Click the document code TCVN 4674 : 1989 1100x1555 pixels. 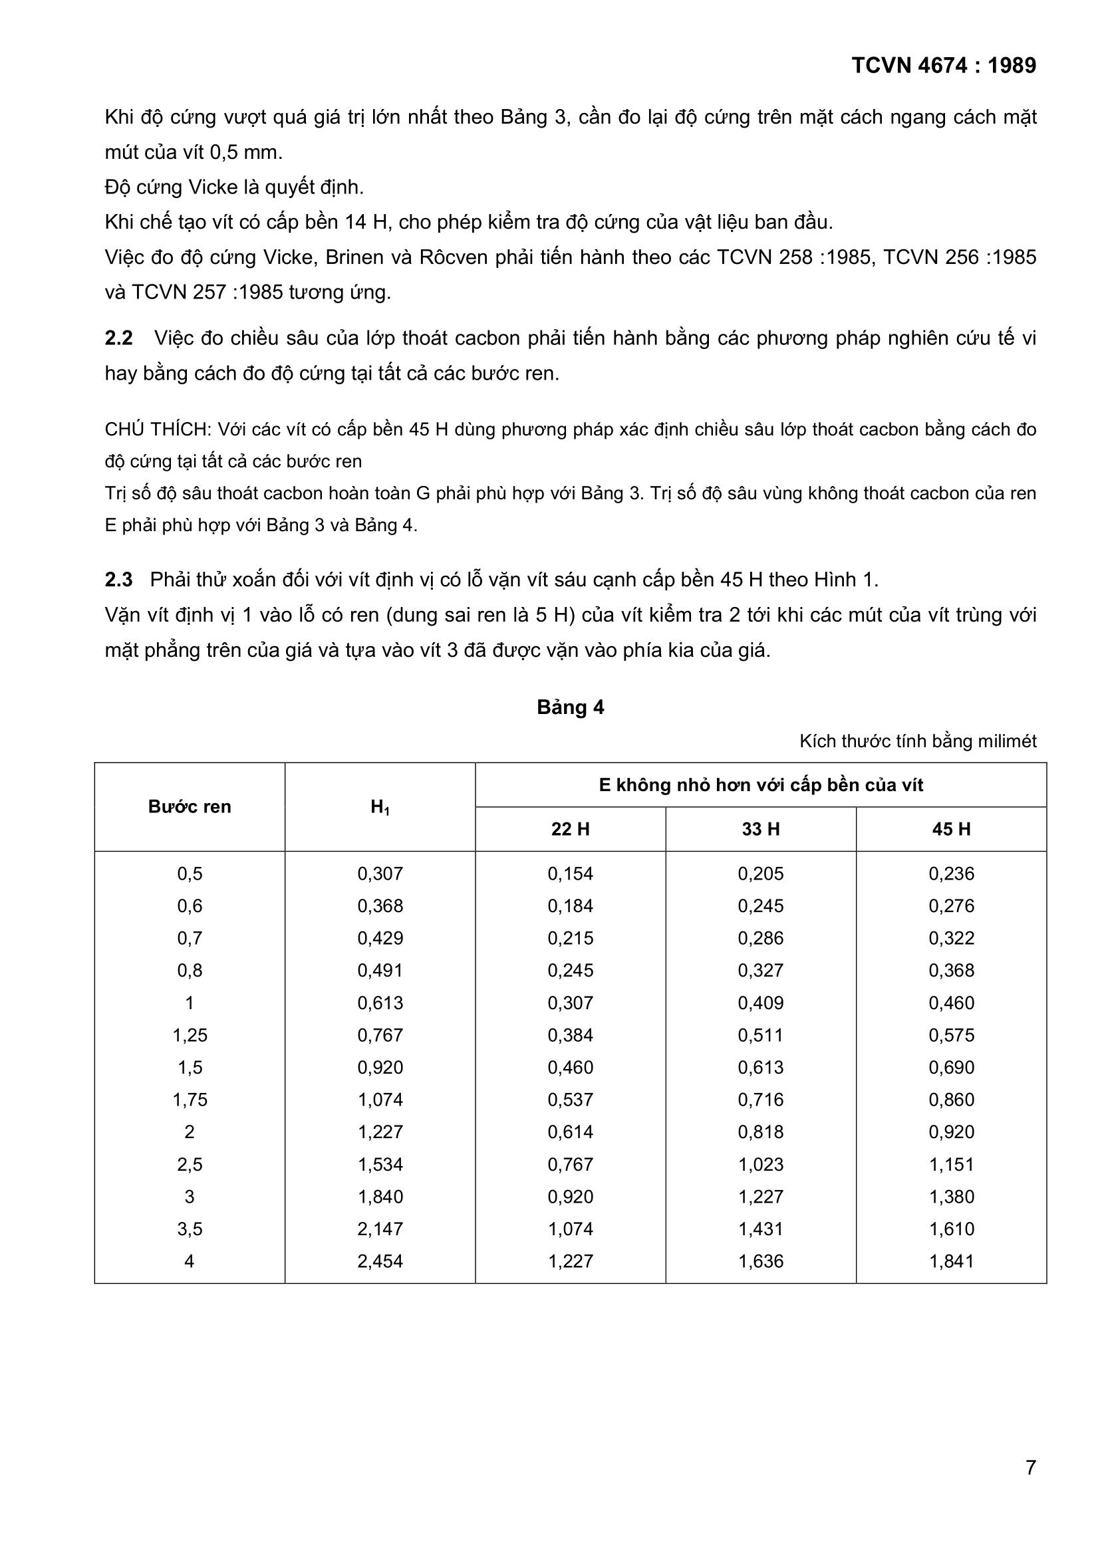click(x=944, y=66)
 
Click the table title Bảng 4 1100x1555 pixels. click(x=571, y=707)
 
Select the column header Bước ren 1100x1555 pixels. click(x=190, y=806)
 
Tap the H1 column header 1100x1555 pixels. click(x=380, y=806)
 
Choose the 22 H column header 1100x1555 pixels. click(x=571, y=829)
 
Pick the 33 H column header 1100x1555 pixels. click(x=761, y=829)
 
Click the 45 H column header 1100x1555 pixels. click(x=951, y=829)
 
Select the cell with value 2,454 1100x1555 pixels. click(x=380, y=1261)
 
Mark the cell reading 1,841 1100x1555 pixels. click(x=951, y=1261)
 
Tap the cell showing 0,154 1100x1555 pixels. click(x=571, y=874)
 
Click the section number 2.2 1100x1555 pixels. click(x=118, y=338)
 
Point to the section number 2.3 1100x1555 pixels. click(x=118, y=580)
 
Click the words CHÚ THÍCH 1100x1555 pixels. click(x=158, y=429)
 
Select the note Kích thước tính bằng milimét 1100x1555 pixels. click(x=918, y=741)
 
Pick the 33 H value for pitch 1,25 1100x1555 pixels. click(x=761, y=1035)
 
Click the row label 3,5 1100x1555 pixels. click(x=190, y=1229)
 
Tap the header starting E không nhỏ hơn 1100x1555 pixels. click(x=761, y=785)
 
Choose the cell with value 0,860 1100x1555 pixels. click(x=951, y=1100)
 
